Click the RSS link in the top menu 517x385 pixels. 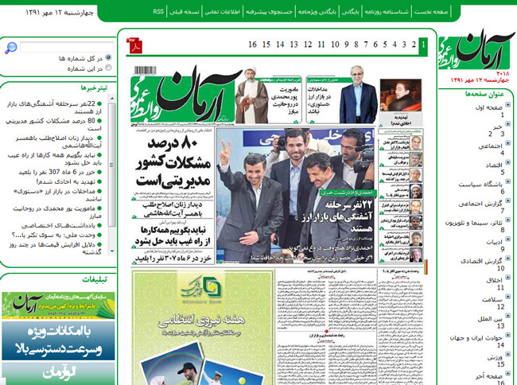[x=158, y=13]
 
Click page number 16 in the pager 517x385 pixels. [x=253, y=45]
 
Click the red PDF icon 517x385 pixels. [x=136, y=45]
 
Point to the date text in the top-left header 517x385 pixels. [x=60, y=13]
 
